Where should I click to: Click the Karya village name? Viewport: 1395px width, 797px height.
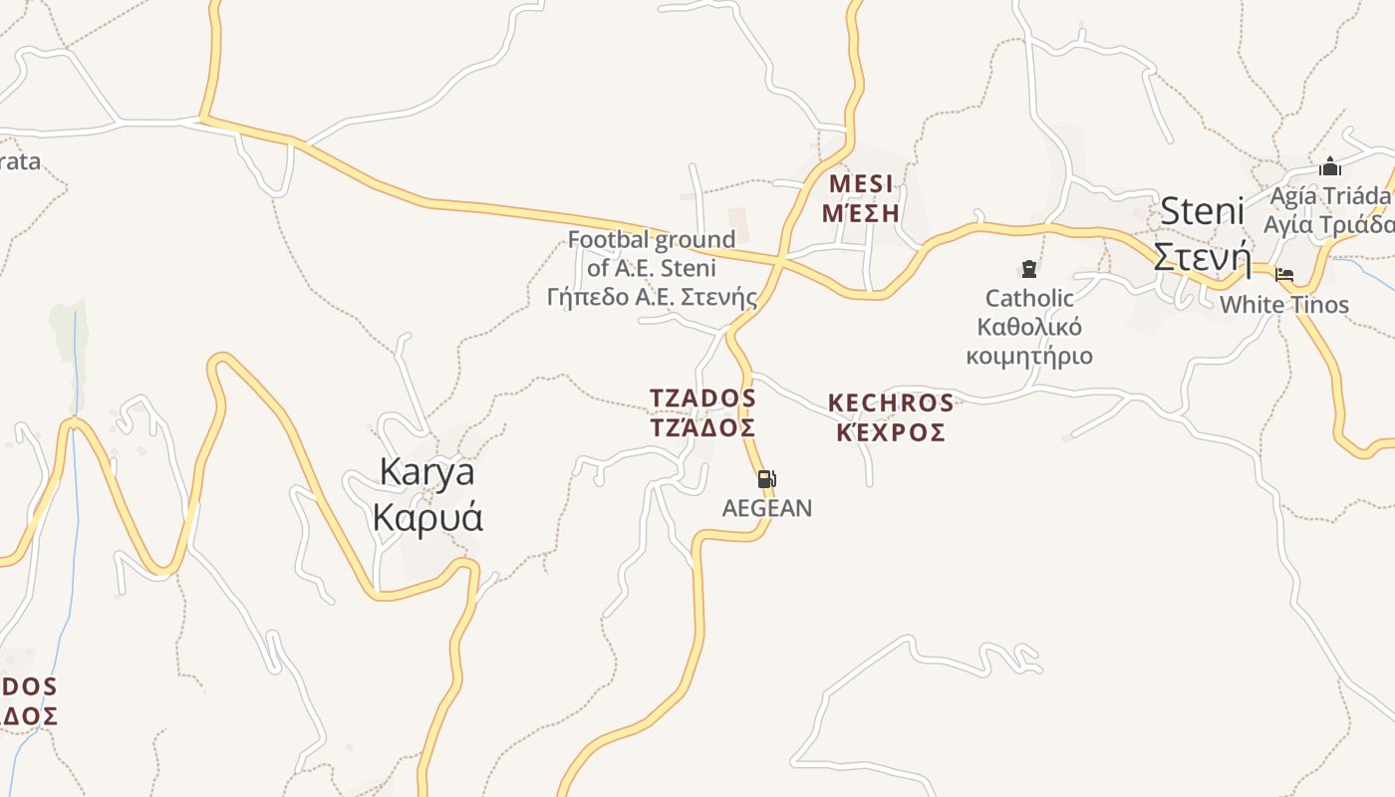point(426,472)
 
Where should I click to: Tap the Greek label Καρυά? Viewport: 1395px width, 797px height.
point(426,518)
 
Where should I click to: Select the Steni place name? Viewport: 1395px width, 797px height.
point(1203,211)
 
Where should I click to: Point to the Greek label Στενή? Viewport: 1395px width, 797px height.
point(1201,258)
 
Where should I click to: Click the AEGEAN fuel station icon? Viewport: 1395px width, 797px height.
point(766,479)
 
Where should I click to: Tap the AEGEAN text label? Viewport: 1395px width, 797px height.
point(766,508)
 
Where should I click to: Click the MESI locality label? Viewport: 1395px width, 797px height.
point(861,184)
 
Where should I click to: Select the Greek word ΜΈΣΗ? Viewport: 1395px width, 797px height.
point(861,213)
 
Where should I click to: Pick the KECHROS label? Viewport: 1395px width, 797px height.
point(890,403)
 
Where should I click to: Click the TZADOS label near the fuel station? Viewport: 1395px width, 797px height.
point(702,398)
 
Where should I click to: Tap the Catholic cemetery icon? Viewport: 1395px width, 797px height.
point(1028,269)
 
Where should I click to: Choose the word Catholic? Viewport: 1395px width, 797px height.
point(1029,298)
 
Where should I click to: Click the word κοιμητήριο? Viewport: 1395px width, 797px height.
point(1029,356)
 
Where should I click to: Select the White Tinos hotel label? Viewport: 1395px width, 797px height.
point(1283,305)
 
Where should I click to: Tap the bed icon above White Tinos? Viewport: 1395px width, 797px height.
point(1284,275)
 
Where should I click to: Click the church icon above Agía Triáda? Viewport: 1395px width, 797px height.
point(1329,166)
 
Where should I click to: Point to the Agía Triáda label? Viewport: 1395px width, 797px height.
point(1329,195)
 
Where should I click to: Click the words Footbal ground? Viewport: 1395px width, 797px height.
point(652,239)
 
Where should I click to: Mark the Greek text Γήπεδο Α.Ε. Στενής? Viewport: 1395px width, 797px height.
point(652,297)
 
